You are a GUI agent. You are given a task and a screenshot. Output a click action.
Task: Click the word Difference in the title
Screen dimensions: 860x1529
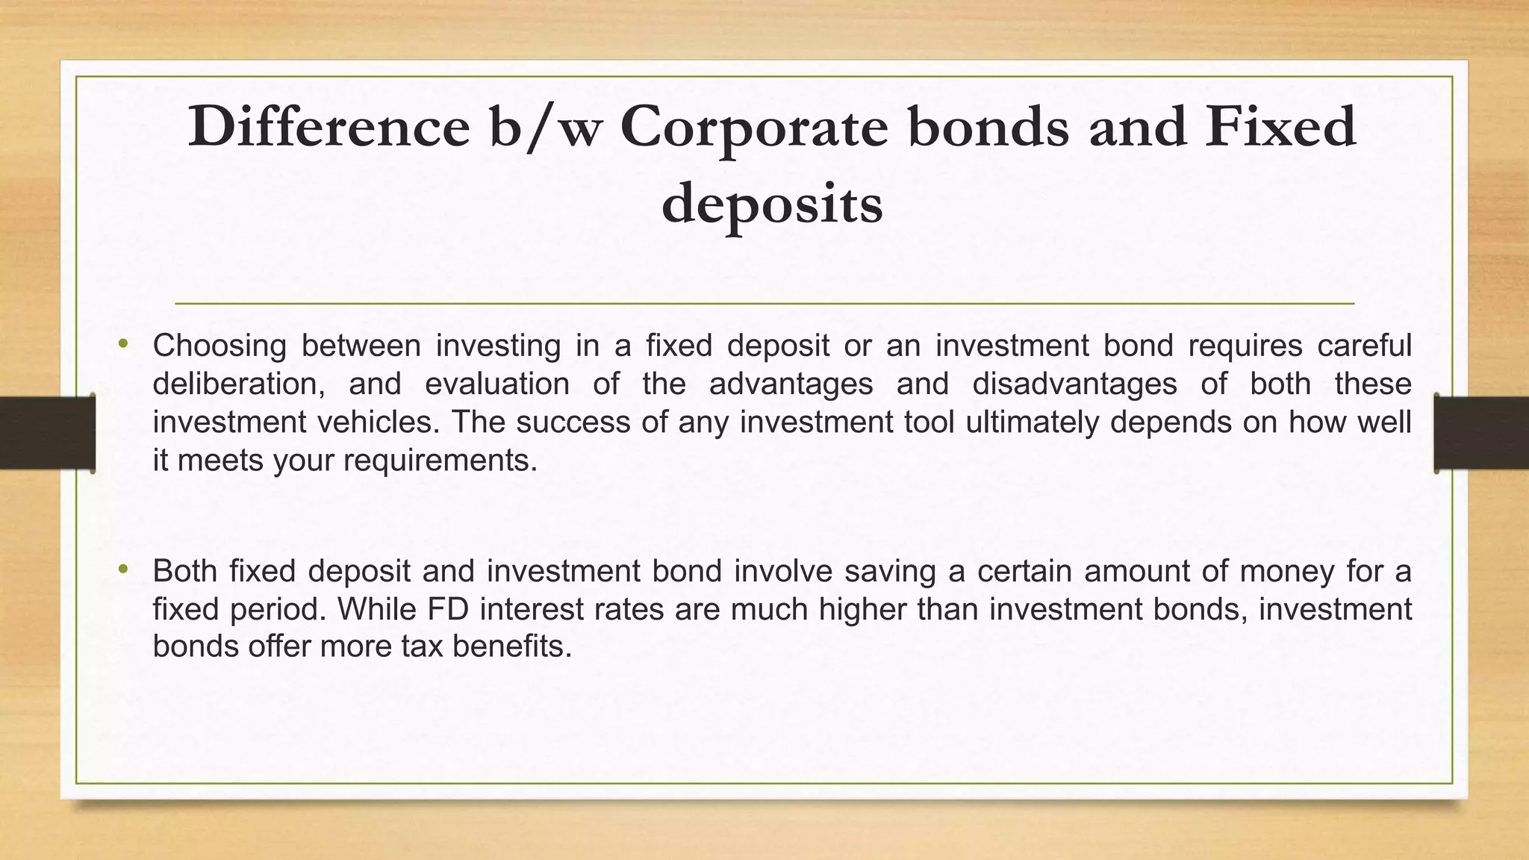click(328, 127)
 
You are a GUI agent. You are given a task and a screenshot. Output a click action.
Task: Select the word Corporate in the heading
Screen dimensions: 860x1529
click(754, 127)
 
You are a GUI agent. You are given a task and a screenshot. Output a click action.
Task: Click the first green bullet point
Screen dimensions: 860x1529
click(124, 344)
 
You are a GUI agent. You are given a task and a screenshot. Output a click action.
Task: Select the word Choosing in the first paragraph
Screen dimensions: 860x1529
click(219, 346)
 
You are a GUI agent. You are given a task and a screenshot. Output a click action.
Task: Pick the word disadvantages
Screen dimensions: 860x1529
click(1074, 384)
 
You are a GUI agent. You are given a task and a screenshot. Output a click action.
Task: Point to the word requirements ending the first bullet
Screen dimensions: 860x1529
click(440, 461)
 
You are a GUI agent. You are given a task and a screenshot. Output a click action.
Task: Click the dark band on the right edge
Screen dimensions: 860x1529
click(1481, 433)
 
